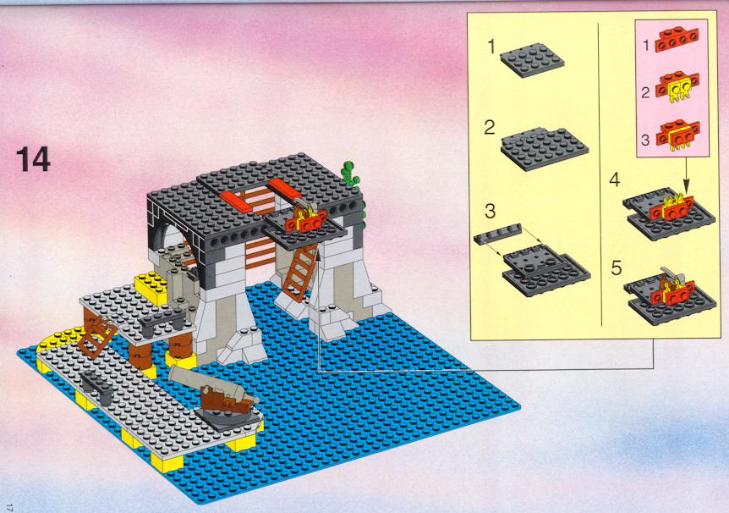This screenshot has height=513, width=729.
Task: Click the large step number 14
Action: pyautogui.click(x=33, y=159)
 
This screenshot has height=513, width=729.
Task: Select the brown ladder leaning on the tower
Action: pyautogui.click(x=300, y=272)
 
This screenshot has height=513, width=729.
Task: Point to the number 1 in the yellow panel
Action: pyautogui.click(x=492, y=47)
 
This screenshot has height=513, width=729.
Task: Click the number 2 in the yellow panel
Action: pyautogui.click(x=490, y=128)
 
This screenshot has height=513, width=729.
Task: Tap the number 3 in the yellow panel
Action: pyautogui.click(x=490, y=211)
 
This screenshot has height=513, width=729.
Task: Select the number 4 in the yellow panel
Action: pyautogui.click(x=615, y=179)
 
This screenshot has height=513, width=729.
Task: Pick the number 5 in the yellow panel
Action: pyautogui.click(x=616, y=268)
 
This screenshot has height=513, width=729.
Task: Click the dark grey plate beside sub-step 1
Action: pyautogui.click(x=532, y=59)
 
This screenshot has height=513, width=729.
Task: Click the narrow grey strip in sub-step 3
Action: pyautogui.click(x=497, y=233)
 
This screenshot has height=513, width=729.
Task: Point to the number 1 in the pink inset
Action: pyautogui.click(x=646, y=45)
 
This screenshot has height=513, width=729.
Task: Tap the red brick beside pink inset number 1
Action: pyautogui.click(x=677, y=40)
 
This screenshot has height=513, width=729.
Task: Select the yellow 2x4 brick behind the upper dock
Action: pyautogui.click(x=151, y=288)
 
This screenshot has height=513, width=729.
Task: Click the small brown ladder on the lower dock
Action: pyautogui.click(x=96, y=337)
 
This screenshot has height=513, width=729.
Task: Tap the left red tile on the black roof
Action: pyautogui.click(x=235, y=201)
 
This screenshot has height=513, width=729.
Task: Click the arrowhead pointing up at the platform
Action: pyautogui.click(x=318, y=252)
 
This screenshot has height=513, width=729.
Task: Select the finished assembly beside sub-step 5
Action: pyautogui.click(x=671, y=295)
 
